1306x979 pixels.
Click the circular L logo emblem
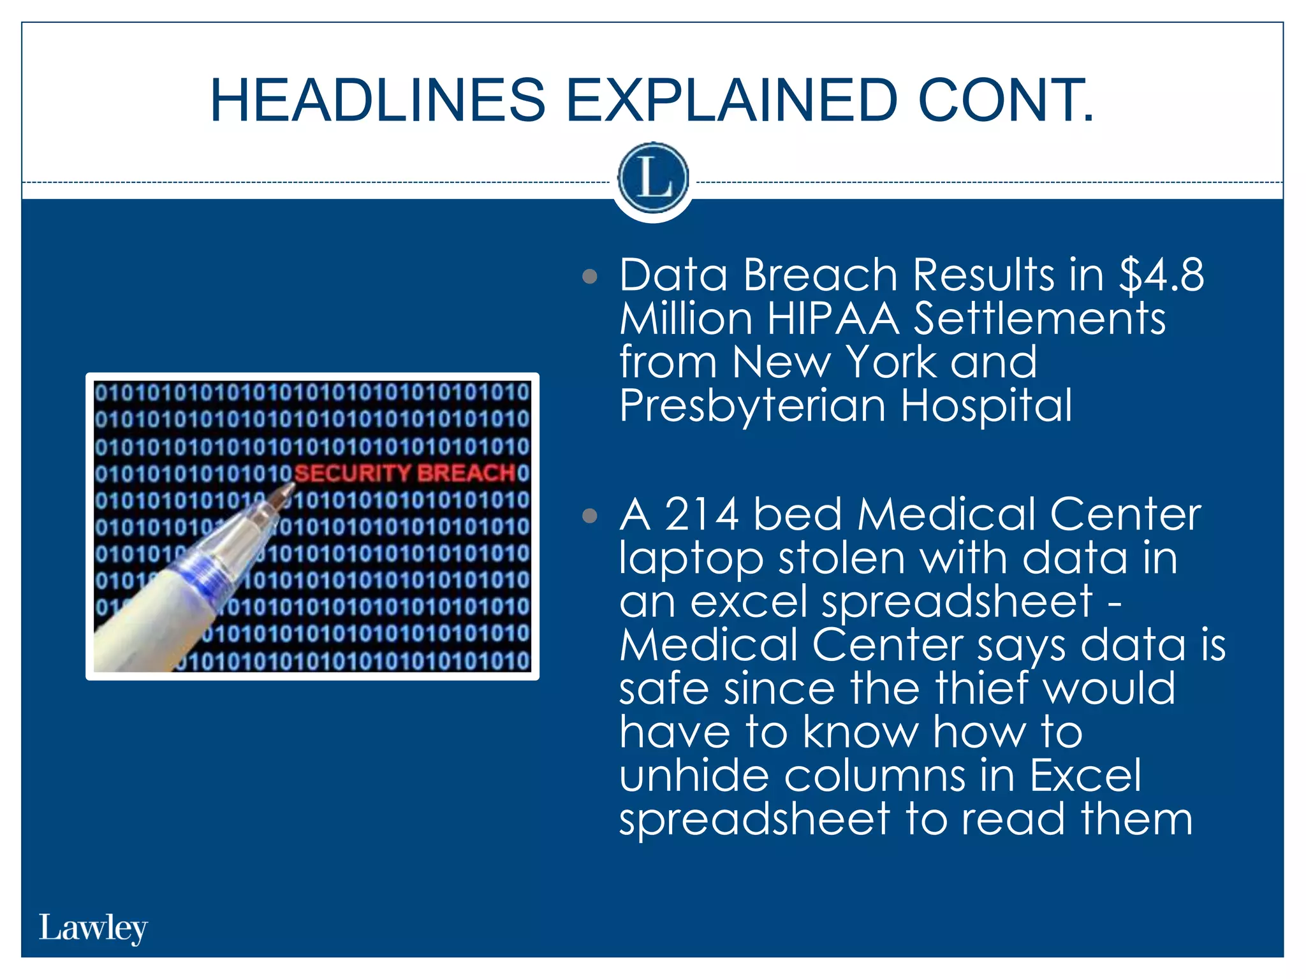(653, 178)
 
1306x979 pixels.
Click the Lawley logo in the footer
(93, 928)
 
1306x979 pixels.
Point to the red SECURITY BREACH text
(405, 473)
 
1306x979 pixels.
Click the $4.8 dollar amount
(1161, 275)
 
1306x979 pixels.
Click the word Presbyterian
(752, 406)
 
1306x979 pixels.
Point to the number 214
(701, 514)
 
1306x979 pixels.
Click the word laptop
(691, 558)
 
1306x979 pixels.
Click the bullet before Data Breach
(590, 277)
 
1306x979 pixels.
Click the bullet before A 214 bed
(590, 516)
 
